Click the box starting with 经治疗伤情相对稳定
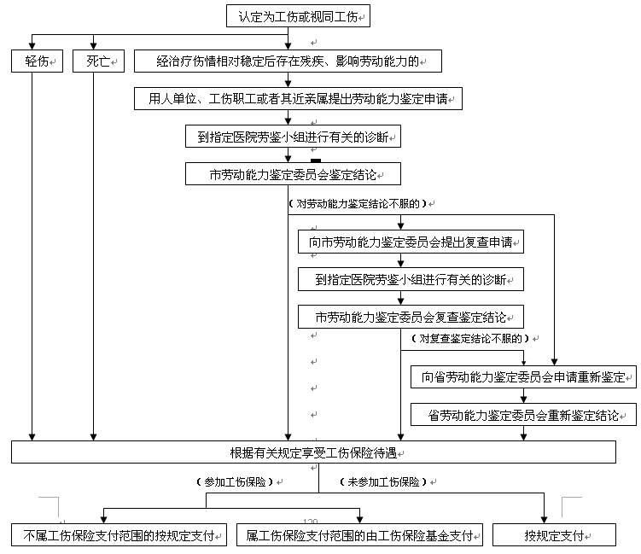(x=287, y=61)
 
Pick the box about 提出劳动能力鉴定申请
(x=298, y=99)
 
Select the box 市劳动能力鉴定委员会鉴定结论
(x=293, y=175)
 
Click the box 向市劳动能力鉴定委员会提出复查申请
(x=410, y=242)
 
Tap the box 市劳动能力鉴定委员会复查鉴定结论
(x=410, y=317)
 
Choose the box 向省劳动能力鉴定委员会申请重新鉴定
(x=523, y=376)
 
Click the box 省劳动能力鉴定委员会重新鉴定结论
(x=523, y=416)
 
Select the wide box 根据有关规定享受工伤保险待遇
(x=313, y=452)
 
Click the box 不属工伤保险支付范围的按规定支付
(x=118, y=536)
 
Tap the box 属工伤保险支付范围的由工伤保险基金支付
(x=359, y=536)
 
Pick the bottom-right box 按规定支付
(x=553, y=536)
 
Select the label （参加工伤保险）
(x=234, y=481)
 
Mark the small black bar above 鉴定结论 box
(x=316, y=160)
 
